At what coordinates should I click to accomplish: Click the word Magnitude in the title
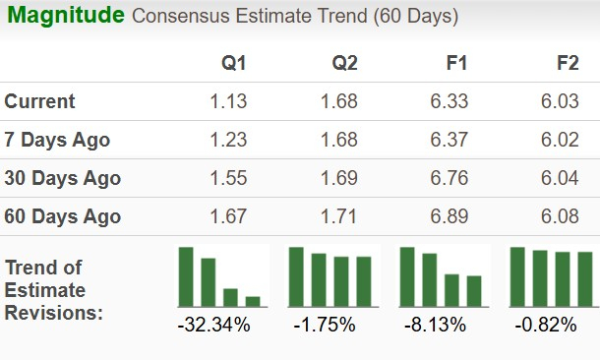pos(66,16)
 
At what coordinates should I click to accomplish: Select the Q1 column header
pos(233,64)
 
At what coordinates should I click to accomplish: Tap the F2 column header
pos(567,64)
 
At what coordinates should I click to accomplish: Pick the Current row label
pos(40,101)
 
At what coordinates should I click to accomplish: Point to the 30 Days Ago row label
pos(63,178)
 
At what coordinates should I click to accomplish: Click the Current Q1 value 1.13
pos(228,101)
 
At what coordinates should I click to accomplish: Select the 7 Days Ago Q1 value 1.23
pos(228,140)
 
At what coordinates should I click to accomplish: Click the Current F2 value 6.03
pos(560,101)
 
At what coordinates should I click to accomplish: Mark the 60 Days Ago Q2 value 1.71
pos(338,216)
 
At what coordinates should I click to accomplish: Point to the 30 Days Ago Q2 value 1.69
pos(338,178)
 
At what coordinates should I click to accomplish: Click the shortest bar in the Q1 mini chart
pos(252,301)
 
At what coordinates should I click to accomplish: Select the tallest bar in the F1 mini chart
pos(407,276)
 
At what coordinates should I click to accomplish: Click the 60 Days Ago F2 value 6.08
pos(560,216)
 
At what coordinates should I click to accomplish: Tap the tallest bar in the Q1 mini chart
pos(186,276)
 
